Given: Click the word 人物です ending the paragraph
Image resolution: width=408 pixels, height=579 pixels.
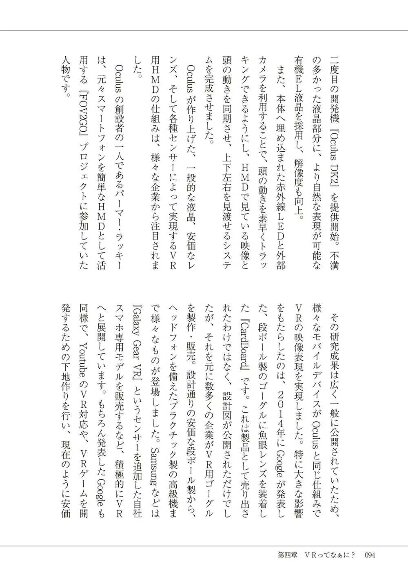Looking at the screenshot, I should click(x=66, y=80).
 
